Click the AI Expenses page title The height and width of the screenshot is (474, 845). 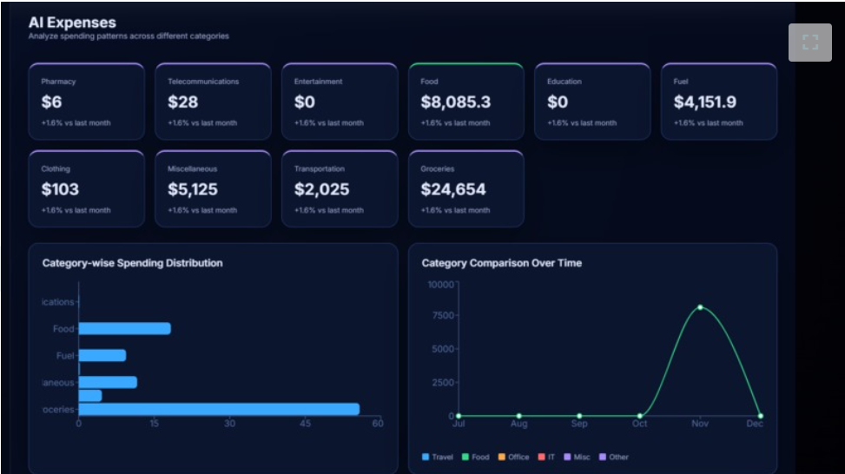click(x=72, y=23)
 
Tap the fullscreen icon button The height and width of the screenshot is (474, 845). click(x=809, y=43)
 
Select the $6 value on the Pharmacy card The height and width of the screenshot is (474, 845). click(x=51, y=102)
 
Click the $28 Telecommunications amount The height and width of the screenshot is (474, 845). click(x=182, y=102)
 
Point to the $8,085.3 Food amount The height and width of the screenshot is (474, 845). click(x=455, y=102)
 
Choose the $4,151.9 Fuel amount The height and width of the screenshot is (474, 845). click(x=704, y=102)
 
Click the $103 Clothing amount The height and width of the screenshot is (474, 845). click(x=60, y=189)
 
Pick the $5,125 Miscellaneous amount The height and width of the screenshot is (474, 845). click(x=193, y=189)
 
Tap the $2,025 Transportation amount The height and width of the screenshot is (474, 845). click(x=321, y=189)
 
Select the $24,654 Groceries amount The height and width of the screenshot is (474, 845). click(x=453, y=189)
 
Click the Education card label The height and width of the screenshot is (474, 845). click(x=564, y=82)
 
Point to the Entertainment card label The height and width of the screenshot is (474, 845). click(x=318, y=82)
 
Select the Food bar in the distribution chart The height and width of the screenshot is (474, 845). click(x=124, y=329)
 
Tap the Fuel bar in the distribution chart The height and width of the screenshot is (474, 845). click(x=102, y=355)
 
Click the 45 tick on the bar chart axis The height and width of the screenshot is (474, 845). click(x=306, y=424)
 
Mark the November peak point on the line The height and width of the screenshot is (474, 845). click(x=700, y=307)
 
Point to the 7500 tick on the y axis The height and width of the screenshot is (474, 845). click(x=441, y=315)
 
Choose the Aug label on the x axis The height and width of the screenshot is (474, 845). click(x=518, y=424)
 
